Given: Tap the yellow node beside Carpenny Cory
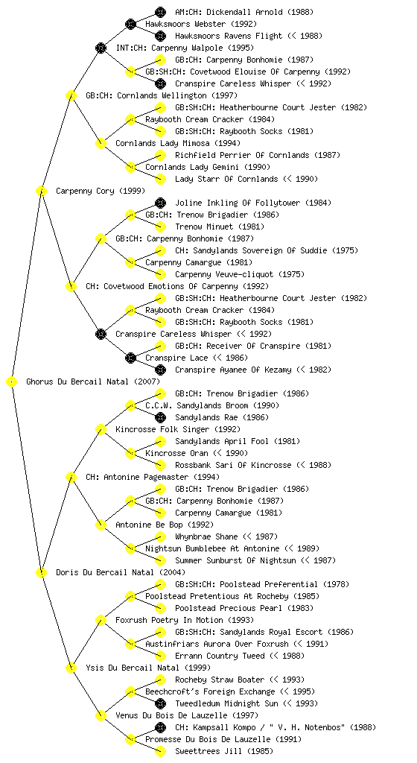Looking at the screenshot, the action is (x=41, y=191).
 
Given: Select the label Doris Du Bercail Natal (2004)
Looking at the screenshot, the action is (x=121, y=572).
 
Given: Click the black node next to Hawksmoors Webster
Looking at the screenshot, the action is (x=130, y=24).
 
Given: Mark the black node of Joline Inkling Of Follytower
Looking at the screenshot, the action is (x=160, y=203).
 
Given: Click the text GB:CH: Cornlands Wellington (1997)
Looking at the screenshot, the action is (x=162, y=95).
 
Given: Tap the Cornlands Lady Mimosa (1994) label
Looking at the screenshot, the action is (x=178, y=143).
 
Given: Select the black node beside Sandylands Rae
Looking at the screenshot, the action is (x=160, y=417).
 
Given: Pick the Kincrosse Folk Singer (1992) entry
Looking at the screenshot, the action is (x=178, y=429).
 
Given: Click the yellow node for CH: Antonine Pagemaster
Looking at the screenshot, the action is (x=71, y=477).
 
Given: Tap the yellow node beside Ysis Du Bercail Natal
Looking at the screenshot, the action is (x=71, y=668).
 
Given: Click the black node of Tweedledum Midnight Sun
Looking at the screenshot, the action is (x=160, y=703).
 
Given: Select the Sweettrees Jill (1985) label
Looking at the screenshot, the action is (x=224, y=751).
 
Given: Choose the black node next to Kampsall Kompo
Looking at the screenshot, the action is (x=160, y=727).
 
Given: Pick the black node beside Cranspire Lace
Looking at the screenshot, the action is (x=130, y=358).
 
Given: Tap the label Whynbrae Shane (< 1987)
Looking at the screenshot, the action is (x=226, y=536).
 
